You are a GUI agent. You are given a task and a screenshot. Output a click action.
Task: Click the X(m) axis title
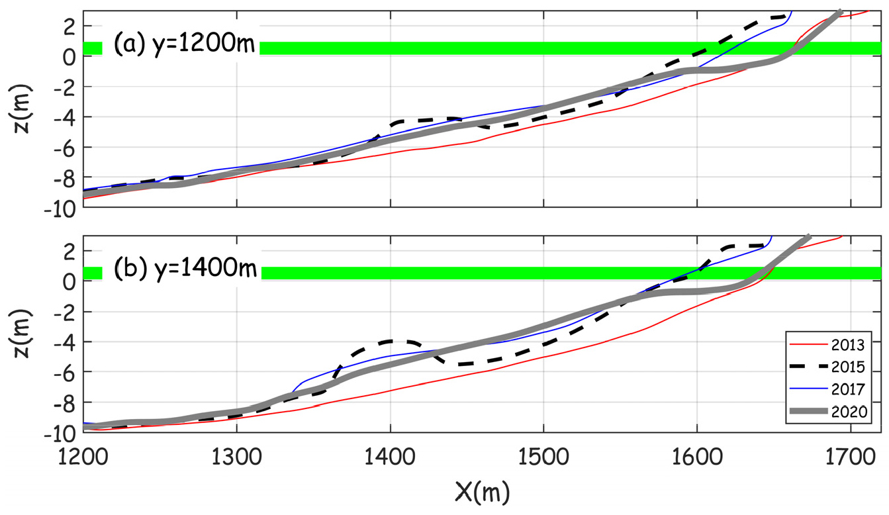[x=482, y=492]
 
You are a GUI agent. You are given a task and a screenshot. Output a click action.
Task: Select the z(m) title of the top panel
[x=25, y=109]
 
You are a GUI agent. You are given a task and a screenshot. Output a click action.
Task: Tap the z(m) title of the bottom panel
[x=25, y=334]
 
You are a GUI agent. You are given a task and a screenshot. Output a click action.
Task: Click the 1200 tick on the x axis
[x=83, y=457]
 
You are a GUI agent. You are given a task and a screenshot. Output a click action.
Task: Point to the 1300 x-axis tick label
[x=236, y=457]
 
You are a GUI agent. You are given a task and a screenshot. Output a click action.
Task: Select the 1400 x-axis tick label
[x=390, y=457]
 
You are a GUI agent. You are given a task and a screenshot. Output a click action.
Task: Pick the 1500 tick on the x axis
[x=543, y=457]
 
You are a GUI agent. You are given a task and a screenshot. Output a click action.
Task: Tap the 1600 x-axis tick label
[x=696, y=457]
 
